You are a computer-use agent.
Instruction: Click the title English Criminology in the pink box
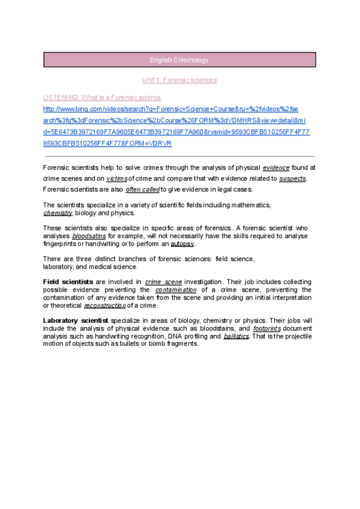pyautogui.click(x=179, y=60)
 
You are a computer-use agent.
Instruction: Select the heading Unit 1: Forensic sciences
pyautogui.click(x=179, y=80)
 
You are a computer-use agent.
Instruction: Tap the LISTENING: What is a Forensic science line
pyautogui.click(x=102, y=97)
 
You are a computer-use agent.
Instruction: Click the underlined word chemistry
pyautogui.click(x=58, y=213)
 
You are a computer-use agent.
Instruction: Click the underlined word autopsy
pyautogui.click(x=182, y=244)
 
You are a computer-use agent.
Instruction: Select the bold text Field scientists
pyautogui.click(x=68, y=282)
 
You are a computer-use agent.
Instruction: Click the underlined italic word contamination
pyautogui.click(x=176, y=290)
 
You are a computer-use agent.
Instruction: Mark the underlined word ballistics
pyautogui.click(x=236, y=337)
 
